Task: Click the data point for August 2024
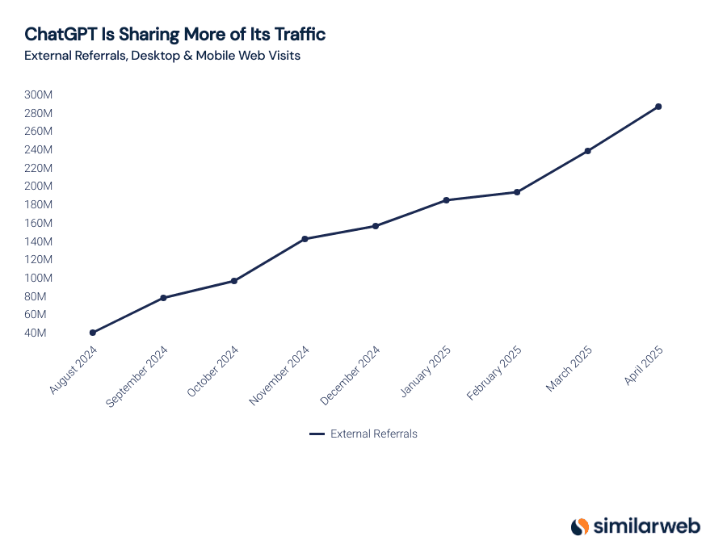coord(93,333)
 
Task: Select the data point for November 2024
coord(305,239)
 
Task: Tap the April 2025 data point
coord(658,107)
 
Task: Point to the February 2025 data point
coord(517,192)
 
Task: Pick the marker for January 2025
coord(447,200)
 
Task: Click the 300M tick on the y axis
coord(38,94)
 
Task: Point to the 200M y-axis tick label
coord(38,186)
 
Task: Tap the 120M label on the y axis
coord(38,259)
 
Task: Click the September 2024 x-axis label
coord(137,376)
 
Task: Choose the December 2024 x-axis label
coord(350,376)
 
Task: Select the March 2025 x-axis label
coord(569,370)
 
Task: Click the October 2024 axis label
coord(212,372)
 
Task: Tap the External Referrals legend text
coord(374,434)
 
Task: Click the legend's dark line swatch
coord(317,434)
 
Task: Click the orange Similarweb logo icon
coord(580,526)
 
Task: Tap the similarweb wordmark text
coord(647,526)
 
